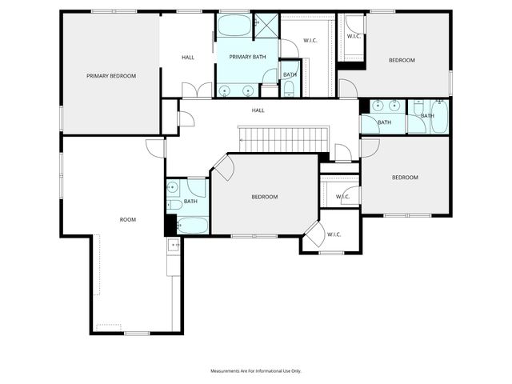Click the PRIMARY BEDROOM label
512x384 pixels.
pyautogui.click(x=111, y=76)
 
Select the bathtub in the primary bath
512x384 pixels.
pyautogui.click(x=234, y=26)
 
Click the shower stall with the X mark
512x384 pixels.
pyautogui.click(x=265, y=26)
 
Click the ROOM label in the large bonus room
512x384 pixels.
pyautogui.click(x=128, y=219)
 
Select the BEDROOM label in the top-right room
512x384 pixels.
pyautogui.click(x=402, y=60)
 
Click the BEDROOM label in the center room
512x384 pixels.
pyautogui.click(x=264, y=197)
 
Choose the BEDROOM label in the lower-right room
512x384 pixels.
pyautogui.click(x=405, y=178)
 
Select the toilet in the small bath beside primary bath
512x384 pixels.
pyautogui.click(x=289, y=88)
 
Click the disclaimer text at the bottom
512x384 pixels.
pyautogui.click(x=256, y=371)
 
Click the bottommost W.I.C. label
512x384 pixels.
pyautogui.click(x=334, y=234)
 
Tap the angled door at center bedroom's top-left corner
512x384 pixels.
pyautogui.click(x=223, y=166)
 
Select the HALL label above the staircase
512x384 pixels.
pyautogui.click(x=258, y=110)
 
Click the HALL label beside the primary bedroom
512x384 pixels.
pyautogui.click(x=188, y=58)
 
